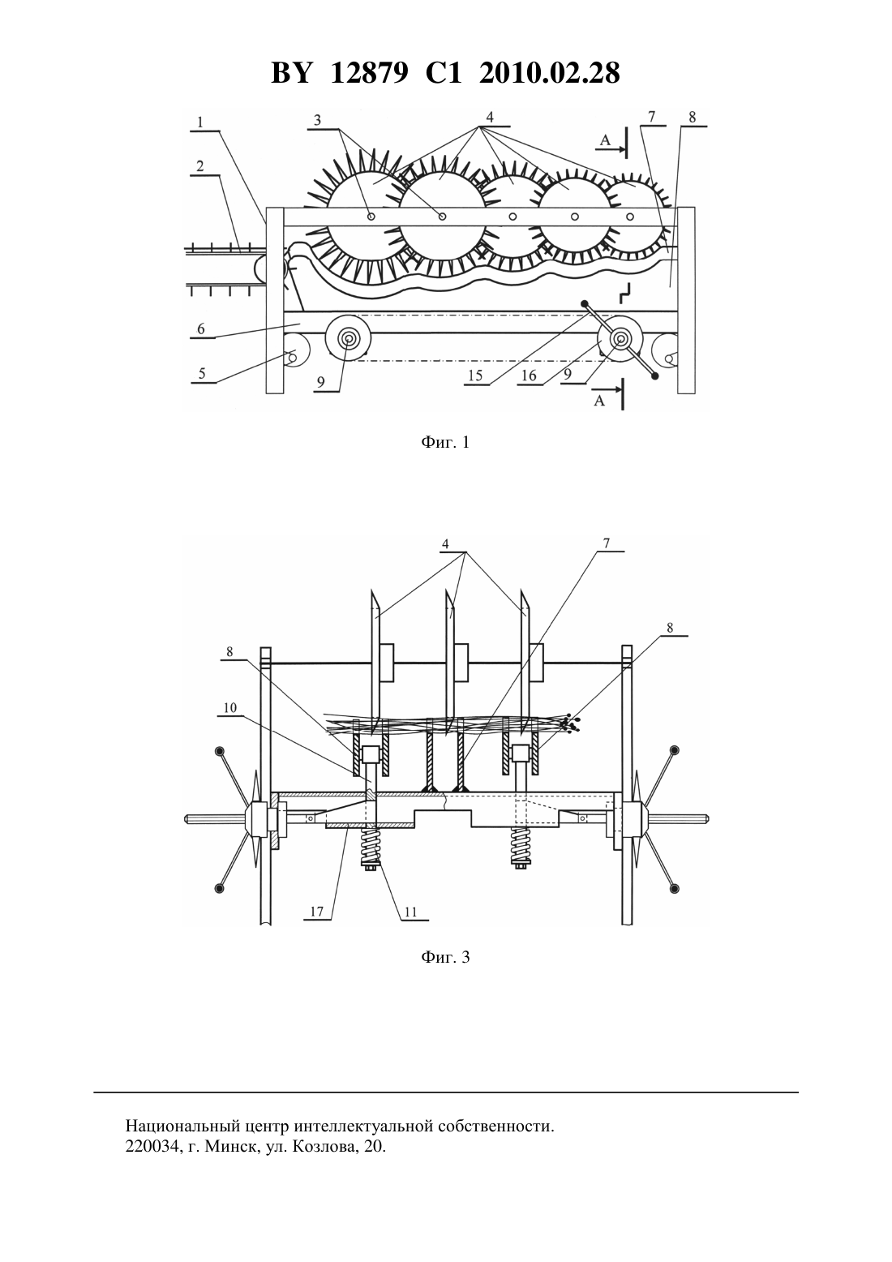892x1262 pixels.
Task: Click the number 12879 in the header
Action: pyautogui.click(x=369, y=73)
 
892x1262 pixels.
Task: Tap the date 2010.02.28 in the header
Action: pyautogui.click(x=550, y=73)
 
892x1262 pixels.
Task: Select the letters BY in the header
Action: pyautogui.click(x=291, y=73)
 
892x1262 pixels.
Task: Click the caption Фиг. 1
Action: pyautogui.click(x=445, y=443)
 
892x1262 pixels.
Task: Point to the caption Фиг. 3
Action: pyautogui.click(x=445, y=957)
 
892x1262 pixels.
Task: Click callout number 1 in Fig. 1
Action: pyautogui.click(x=200, y=122)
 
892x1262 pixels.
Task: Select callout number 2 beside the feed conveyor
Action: pyautogui.click(x=200, y=166)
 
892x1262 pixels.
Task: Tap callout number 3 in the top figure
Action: pyautogui.click(x=318, y=120)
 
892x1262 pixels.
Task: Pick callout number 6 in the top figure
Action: pyautogui.click(x=201, y=328)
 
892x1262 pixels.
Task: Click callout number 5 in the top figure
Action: pyautogui.click(x=202, y=374)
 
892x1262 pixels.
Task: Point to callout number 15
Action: pyautogui.click(x=475, y=376)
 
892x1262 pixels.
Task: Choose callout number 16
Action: pyautogui.click(x=528, y=376)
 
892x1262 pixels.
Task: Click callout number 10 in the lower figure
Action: pyautogui.click(x=229, y=707)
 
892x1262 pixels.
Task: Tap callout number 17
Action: pyautogui.click(x=317, y=912)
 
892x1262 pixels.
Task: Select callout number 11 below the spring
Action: pyautogui.click(x=411, y=912)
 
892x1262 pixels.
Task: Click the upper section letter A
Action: pyautogui.click(x=604, y=140)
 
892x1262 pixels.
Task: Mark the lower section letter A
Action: pyautogui.click(x=599, y=401)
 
